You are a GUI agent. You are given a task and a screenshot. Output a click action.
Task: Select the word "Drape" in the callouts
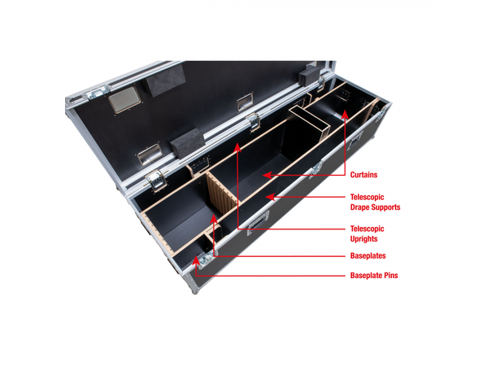363,207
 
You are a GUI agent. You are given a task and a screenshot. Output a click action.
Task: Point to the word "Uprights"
367,239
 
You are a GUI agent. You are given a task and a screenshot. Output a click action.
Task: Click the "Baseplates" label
370,255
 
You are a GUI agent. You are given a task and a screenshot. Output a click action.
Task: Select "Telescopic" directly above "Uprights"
368,229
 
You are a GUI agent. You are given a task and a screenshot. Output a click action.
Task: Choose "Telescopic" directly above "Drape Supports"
368,197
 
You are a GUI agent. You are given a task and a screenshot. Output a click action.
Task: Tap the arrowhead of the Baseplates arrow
215,218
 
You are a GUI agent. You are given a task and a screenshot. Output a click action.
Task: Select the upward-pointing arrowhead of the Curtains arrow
346,115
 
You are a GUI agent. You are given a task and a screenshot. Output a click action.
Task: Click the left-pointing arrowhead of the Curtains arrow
266,174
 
